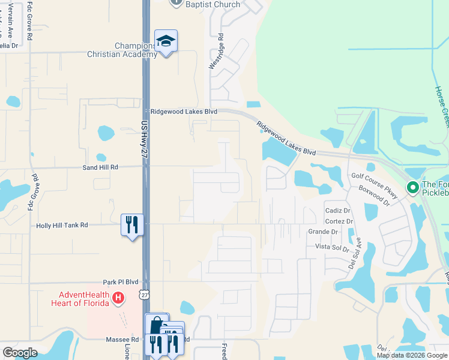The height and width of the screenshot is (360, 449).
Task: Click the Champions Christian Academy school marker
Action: click(x=166, y=42)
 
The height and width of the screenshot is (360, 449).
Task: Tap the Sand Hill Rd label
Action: click(x=100, y=167)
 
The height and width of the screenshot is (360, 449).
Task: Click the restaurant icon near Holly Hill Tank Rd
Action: click(x=131, y=225)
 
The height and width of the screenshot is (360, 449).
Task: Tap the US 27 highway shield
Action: click(x=143, y=295)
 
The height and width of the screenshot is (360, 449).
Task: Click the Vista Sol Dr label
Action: click(x=332, y=247)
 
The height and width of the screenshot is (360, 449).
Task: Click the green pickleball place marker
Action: click(x=412, y=188)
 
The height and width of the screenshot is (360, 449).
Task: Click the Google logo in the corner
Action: click(x=20, y=353)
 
